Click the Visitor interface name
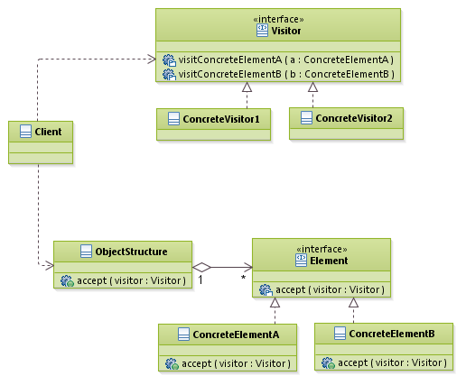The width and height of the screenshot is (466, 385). tap(285, 30)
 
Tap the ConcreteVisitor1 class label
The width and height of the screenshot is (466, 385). tap(220, 118)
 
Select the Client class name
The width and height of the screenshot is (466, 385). tap(47, 132)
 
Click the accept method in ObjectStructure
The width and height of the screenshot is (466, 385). tap(131, 280)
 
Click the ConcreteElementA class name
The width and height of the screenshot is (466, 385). tap(237, 334)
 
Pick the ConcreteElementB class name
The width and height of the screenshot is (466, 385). tap(391, 334)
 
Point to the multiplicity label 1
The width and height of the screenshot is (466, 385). tap(200, 280)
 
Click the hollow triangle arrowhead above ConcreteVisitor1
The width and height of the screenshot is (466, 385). tap(245, 87)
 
